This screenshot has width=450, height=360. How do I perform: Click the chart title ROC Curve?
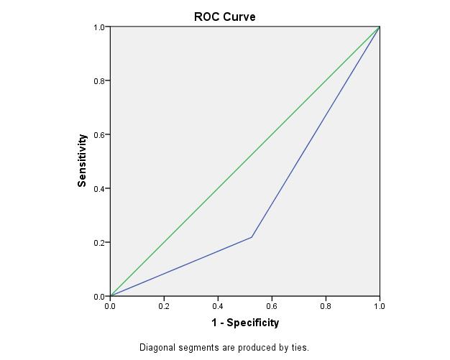224,17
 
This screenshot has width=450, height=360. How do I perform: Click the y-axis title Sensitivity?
82,160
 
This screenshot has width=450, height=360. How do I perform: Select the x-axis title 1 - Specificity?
245,323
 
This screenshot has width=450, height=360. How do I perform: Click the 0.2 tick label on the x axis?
164,306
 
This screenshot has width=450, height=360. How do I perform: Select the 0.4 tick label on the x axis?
218,306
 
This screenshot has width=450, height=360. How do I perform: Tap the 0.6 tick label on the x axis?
272,306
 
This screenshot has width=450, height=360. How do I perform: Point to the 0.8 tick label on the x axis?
326,306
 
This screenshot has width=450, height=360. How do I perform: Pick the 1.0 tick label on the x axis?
380,306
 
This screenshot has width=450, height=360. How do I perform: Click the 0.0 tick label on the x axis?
110,306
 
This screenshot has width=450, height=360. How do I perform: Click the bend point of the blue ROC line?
252,237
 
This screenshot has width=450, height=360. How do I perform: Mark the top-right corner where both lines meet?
380,27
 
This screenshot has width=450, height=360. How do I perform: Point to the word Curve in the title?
239,17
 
